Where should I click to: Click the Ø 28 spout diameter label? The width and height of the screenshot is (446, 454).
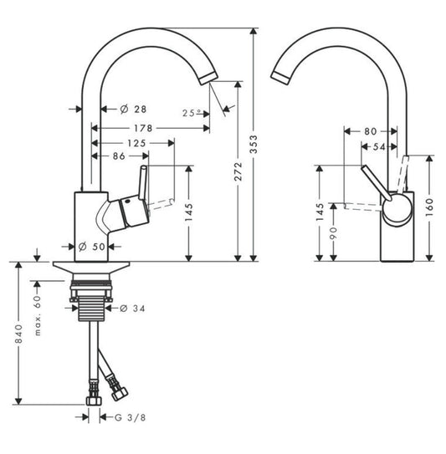pyautogui.click(x=129, y=110)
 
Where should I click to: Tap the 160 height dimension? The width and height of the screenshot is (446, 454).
pyautogui.click(x=429, y=206)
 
